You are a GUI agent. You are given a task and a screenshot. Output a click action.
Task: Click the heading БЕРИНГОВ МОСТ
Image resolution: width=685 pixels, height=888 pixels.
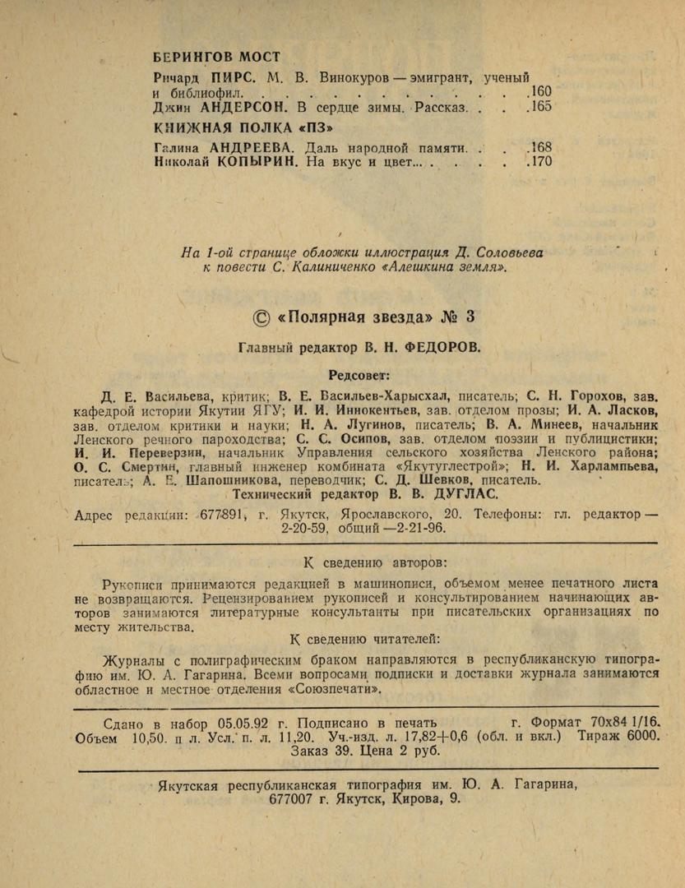click(216, 58)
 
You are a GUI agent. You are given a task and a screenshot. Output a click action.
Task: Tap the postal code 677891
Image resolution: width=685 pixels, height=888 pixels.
click(221, 515)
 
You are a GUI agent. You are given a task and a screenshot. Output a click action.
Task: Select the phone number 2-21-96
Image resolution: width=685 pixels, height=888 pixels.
click(420, 530)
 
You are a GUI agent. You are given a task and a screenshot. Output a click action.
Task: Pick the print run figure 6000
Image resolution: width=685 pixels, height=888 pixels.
click(642, 737)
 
